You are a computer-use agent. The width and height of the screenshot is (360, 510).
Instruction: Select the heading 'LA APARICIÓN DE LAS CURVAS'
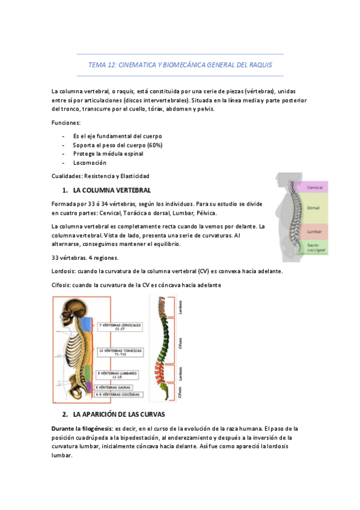click(118, 415)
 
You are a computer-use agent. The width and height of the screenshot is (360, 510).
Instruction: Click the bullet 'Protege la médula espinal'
click(108, 154)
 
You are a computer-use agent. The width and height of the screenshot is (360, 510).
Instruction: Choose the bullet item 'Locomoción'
click(90, 163)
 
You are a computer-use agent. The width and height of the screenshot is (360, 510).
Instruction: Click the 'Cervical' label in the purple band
click(314, 188)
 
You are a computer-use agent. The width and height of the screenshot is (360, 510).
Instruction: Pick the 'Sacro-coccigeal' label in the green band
click(314, 248)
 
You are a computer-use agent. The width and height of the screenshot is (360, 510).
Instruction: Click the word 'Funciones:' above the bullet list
click(66, 123)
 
